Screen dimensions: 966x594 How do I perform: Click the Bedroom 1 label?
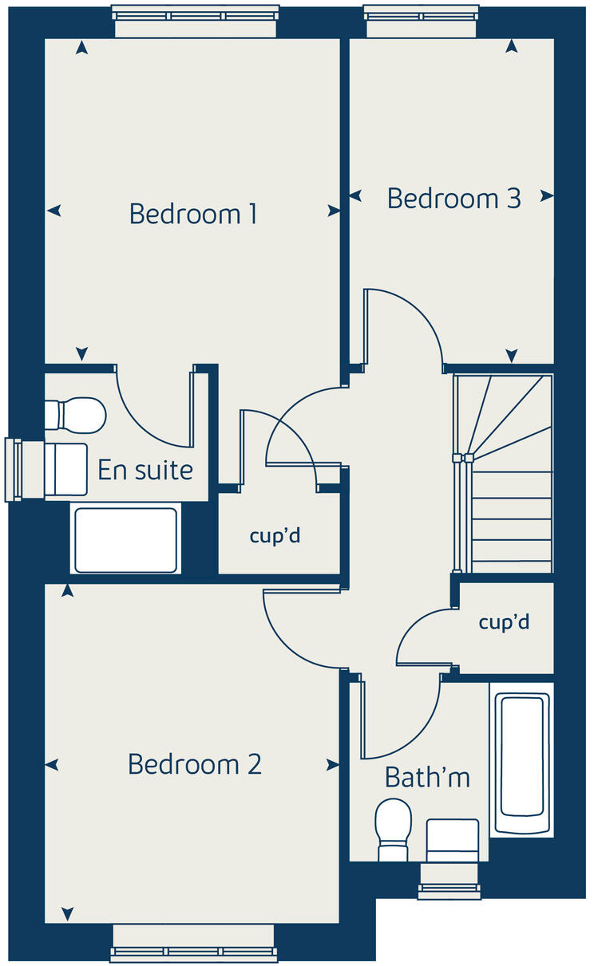point(193,214)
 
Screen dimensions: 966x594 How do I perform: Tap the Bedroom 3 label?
point(453,198)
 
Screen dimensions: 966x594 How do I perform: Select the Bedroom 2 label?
point(195,764)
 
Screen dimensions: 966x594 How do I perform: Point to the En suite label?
point(145,470)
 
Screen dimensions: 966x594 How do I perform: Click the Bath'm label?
point(427,776)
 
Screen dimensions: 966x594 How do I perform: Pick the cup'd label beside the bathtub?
point(504,622)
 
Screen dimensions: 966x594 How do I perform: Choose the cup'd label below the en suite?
point(275,536)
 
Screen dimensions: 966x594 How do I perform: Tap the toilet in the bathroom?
point(393,830)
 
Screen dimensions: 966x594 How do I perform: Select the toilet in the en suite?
point(75,415)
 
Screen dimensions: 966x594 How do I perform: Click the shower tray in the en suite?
point(125,539)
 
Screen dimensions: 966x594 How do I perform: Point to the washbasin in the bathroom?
point(453,840)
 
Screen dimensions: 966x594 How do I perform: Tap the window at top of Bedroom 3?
point(422,14)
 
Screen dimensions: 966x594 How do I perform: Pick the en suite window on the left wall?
point(13,470)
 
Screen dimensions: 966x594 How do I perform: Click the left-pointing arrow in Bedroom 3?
point(355,195)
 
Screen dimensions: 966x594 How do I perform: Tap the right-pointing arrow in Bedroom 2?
point(333,765)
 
